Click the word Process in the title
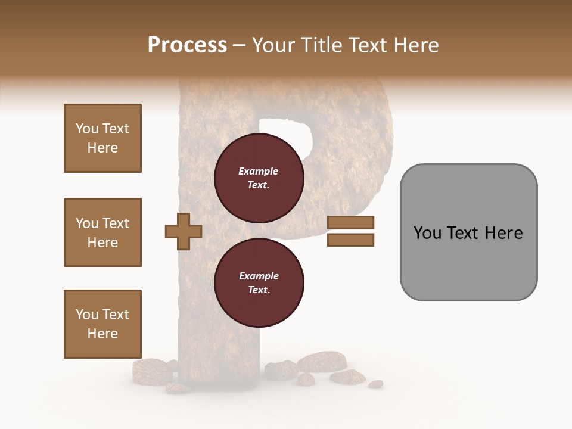[x=187, y=45]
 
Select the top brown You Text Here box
[x=102, y=138]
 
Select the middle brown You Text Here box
[x=102, y=232]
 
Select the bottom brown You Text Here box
[x=102, y=324]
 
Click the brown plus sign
[x=184, y=231]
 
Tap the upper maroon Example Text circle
[x=259, y=178]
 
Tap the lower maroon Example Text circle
[x=259, y=283]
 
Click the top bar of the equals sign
[x=351, y=222]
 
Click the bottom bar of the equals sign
[x=351, y=240]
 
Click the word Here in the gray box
[x=504, y=233]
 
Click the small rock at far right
[x=375, y=384]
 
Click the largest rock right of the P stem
[x=322, y=361]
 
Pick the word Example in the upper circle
[x=259, y=171]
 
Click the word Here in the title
[x=416, y=45]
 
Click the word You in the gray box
[x=427, y=233]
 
